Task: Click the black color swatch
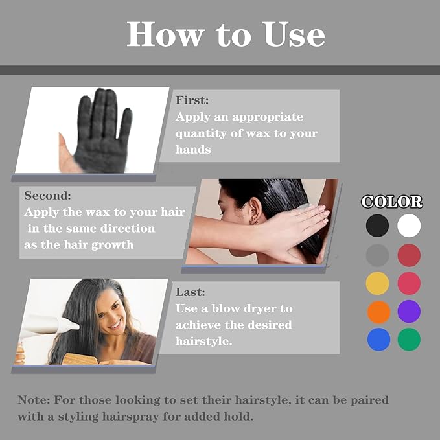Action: (x=377, y=226)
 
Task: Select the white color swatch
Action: (x=409, y=226)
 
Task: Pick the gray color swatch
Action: (x=377, y=255)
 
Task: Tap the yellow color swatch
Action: (x=377, y=283)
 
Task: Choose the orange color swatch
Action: (x=377, y=312)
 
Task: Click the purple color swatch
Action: (x=409, y=312)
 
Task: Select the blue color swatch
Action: (x=377, y=340)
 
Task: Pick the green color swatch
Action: (x=409, y=340)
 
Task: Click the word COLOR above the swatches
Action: (x=392, y=202)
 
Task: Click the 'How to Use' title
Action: (x=226, y=34)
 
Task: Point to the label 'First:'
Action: (x=192, y=100)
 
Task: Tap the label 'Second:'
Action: (x=48, y=195)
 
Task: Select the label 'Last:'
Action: (x=190, y=292)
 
